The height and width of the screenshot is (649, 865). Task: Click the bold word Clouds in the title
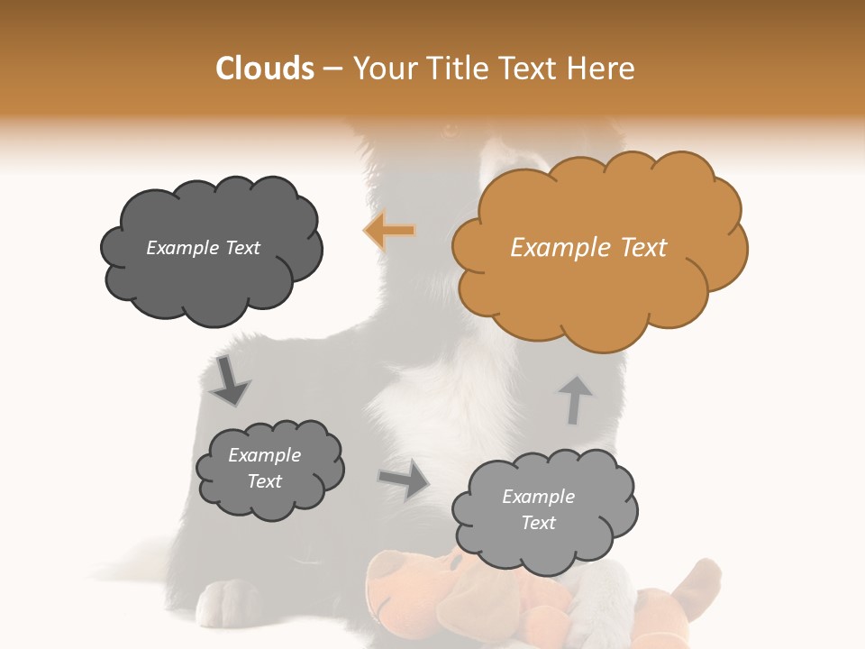pos(265,69)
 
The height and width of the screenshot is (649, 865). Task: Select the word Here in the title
pos(601,69)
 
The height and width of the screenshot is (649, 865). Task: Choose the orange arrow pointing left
pos(389,232)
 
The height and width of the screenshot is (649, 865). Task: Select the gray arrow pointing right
pos(404,480)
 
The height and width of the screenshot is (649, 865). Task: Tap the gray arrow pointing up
pos(575,399)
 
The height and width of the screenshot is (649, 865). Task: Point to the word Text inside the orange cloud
pos(643,248)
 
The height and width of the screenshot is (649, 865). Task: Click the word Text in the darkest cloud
pos(241,248)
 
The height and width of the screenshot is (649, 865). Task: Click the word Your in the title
pos(382,69)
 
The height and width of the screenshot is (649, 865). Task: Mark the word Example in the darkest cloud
pos(183,248)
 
